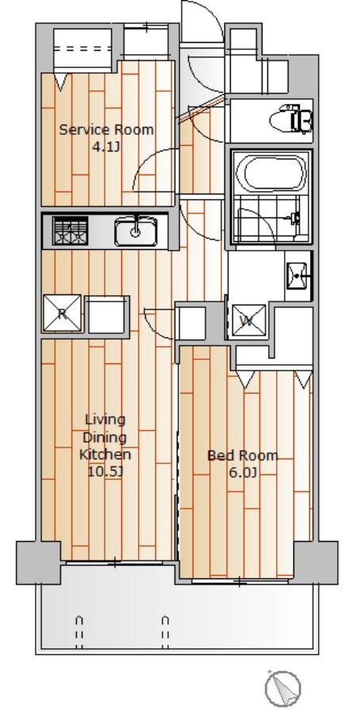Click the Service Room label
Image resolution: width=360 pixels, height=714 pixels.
(106, 130)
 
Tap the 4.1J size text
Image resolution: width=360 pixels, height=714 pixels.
(105, 147)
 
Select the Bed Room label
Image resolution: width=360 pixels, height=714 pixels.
(243, 455)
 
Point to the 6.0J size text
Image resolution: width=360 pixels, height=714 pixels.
(243, 473)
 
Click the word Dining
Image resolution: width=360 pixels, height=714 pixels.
(105, 438)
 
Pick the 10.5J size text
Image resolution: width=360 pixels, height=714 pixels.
(105, 471)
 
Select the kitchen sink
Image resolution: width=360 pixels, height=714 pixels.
(136, 231)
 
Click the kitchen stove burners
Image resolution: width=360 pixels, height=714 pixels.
(70, 231)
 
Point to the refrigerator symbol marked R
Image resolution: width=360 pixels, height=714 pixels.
(62, 313)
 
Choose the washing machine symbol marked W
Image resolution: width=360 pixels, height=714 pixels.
(248, 321)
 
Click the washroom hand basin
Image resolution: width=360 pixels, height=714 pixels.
(298, 275)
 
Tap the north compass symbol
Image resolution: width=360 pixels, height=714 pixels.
(282, 689)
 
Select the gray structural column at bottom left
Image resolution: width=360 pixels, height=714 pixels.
(38, 562)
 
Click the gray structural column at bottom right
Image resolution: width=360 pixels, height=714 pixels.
(316, 562)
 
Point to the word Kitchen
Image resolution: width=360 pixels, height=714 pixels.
(105, 454)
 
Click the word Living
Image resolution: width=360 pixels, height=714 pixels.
(105, 420)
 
